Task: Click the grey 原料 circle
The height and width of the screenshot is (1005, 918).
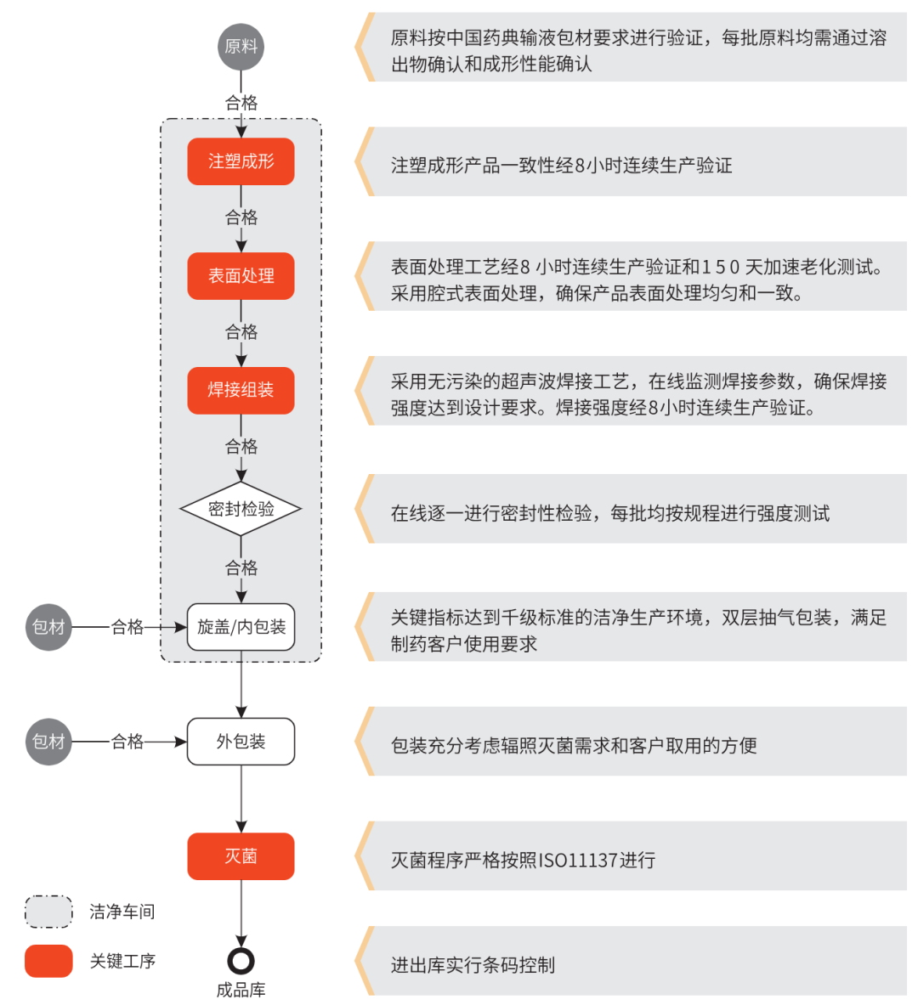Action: point(241,47)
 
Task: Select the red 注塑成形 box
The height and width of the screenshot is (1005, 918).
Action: point(241,161)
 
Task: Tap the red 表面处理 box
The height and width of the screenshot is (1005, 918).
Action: point(241,276)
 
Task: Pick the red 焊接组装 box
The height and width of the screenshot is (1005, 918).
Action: point(241,391)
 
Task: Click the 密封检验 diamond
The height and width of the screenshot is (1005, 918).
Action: point(241,509)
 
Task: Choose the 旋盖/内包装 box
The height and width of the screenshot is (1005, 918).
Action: point(241,627)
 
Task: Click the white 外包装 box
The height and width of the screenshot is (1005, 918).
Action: point(241,742)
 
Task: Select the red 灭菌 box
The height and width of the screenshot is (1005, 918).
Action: point(241,856)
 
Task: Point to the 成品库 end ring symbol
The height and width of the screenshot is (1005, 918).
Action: point(241,961)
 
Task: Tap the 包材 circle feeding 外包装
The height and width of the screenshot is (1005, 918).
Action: point(48,742)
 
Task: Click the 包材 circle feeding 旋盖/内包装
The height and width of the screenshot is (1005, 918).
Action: point(48,627)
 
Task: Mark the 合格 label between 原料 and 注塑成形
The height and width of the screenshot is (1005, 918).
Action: point(241,103)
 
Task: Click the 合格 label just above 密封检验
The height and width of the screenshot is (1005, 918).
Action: point(241,447)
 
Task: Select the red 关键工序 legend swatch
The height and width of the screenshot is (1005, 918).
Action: point(48,961)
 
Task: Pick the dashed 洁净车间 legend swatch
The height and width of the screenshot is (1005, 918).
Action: point(48,912)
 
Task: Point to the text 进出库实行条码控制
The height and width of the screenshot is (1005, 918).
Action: point(473,965)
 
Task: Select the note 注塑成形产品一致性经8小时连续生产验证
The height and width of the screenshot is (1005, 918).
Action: point(561,166)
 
